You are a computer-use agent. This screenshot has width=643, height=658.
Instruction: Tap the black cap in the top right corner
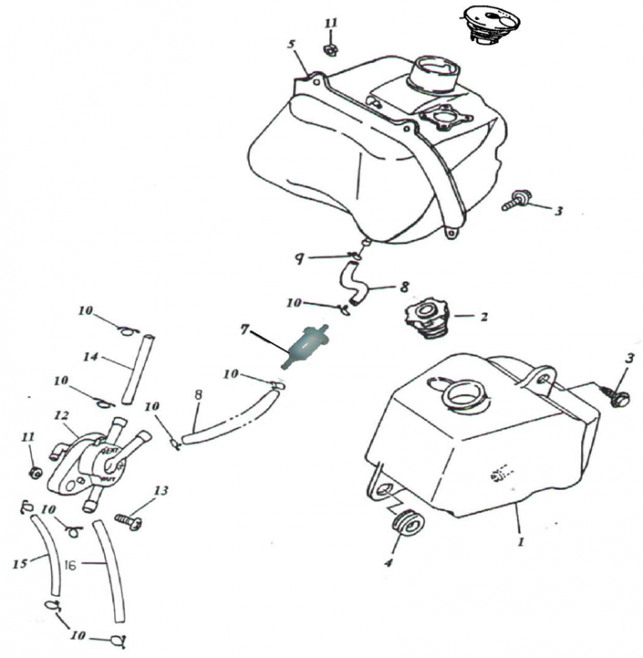pos(494,26)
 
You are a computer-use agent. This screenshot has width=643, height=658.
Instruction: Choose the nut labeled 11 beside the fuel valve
pos(35,472)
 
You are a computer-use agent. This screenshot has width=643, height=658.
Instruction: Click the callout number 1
pos(520,543)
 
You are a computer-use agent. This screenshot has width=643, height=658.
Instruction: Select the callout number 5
pos(291,44)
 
